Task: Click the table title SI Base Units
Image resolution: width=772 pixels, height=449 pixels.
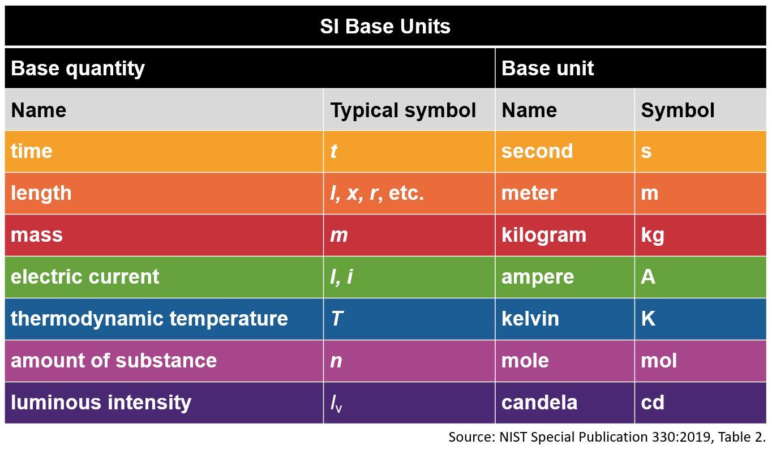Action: pyautogui.click(x=385, y=27)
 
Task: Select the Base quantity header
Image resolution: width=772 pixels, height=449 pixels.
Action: pyautogui.click(x=78, y=69)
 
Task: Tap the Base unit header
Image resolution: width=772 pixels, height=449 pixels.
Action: pyautogui.click(x=547, y=69)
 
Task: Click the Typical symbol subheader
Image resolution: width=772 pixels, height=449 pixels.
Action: pyautogui.click(x=403, y=110)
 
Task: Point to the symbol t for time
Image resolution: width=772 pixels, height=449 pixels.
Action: pyautogui.click(x=334, y=151)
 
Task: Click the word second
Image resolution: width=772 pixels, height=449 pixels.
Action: pyautogui.click(x=537, y=151)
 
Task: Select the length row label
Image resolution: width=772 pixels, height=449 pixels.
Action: pyautogui.click(x=41, y=193)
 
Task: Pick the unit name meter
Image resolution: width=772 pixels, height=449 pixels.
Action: pyautogui.click(x=529, y=193)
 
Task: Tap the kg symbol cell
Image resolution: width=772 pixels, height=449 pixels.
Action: pyautogui.click(x=653, y=235)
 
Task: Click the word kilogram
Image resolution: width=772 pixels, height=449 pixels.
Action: pyautogui.click(x=544, y=235)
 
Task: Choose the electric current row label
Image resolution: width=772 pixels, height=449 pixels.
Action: pyautogui.click(x=85, y=277)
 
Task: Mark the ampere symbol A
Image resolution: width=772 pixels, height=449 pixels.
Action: pyautogui.click(x=648, y=277)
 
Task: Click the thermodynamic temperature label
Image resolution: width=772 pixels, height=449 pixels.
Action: pyautogui.click(x=149, y=319)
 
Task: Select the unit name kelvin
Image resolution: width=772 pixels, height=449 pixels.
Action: pyautogui.click(x=530, y=319)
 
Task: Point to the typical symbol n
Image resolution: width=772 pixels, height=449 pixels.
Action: pyautogui.click(x=336, y=361)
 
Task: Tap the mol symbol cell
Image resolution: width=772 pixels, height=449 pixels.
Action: pyautogui.click(x=659, y=361)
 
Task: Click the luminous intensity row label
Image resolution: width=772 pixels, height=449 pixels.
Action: pyautogui.click(x=101, y=403)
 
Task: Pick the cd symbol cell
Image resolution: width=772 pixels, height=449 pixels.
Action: pyautogui.click(x=653, y=403)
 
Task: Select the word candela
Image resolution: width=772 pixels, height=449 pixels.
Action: pyautogui.click(x=539, y=403)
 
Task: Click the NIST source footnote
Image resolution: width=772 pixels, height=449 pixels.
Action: pyautogui.click(x=607, y=437)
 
